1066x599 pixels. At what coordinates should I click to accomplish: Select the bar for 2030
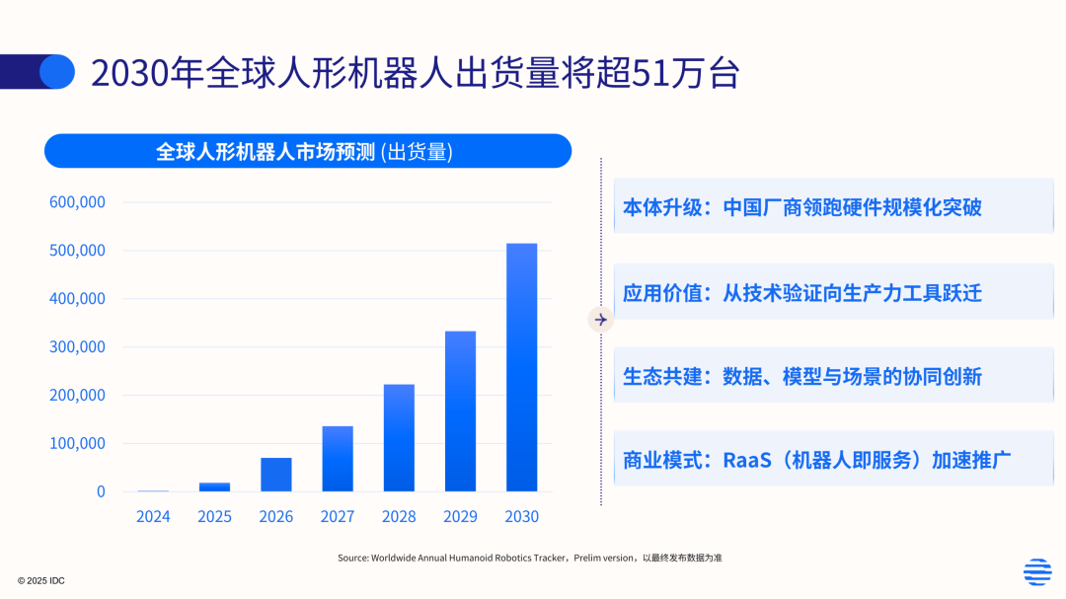click(521, 367)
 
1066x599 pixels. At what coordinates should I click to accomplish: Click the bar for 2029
click(460, 411)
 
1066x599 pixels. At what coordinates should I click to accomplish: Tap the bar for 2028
click(399, 437)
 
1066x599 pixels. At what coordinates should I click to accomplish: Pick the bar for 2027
click(338, 459)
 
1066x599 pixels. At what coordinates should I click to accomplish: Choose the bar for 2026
click(276, 475)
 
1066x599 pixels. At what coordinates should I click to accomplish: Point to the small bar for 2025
click(214, 487)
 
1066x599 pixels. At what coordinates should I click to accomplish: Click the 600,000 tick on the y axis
click(77, 202)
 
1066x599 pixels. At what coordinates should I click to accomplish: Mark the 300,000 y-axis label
click(77, 347)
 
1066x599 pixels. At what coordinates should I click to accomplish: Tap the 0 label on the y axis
click(101, 491)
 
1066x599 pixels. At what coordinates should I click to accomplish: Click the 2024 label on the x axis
click(153, 517)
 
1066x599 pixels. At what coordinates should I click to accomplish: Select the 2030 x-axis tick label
click(521, 517)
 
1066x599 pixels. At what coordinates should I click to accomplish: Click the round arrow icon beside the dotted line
click(601, 319)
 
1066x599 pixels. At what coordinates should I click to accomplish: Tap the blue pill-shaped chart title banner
click(308, 151)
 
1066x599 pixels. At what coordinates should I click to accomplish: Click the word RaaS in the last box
click(747, 460)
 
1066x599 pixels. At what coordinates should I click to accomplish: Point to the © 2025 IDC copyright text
click(40, 580)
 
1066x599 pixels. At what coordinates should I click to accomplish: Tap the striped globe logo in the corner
click(1037, 571)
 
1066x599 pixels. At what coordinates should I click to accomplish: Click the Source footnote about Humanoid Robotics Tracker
click(530, 558)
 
